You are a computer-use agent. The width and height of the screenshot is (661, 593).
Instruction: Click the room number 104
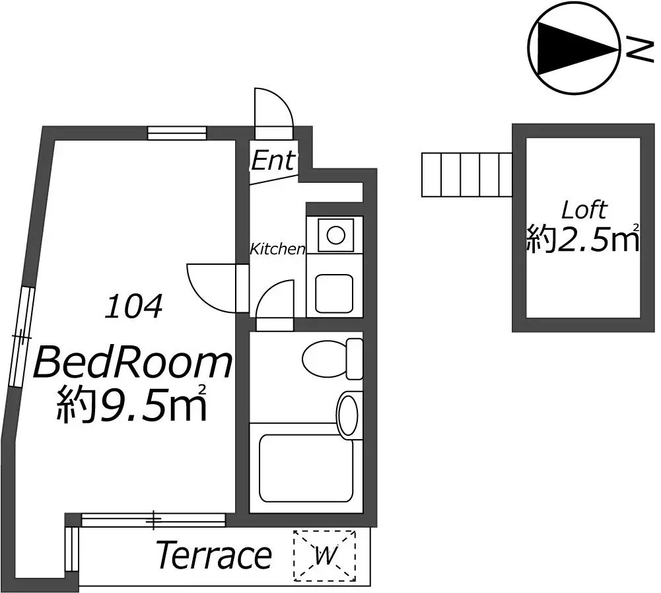[133, 306]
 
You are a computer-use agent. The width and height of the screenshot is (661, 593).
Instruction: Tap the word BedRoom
[133, 362]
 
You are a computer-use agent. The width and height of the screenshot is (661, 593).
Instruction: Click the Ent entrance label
[273, 160]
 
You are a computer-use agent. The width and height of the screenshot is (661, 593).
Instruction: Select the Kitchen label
[277, 249]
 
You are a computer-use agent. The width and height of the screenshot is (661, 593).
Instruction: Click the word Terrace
[214, 555]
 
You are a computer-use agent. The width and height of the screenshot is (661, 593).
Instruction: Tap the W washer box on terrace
[325, 556]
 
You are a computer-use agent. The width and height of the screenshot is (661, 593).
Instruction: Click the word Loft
[584, 209]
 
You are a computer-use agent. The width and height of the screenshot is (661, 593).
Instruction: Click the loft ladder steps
[467, 175]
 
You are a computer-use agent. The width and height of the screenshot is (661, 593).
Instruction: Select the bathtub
[306, 468]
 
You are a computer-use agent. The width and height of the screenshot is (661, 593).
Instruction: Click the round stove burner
[336, 235]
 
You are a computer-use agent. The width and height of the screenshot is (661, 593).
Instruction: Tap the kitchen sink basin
[334, 294]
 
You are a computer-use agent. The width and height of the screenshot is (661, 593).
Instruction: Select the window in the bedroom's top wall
[177, 133]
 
